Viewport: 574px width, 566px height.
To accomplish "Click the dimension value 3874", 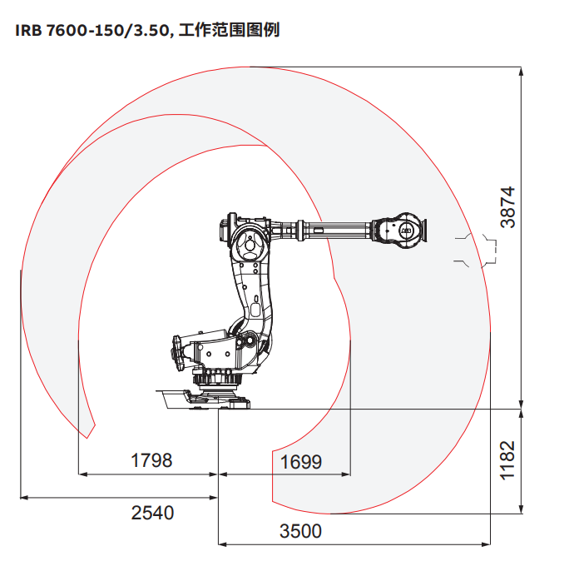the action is click(507, 207).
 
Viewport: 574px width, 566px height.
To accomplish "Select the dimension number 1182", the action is click(507, 460).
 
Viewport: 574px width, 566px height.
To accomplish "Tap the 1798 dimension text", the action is click(151, 460).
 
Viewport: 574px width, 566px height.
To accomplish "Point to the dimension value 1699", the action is click(301, 462).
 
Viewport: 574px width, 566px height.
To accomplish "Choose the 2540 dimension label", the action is click(152, 513).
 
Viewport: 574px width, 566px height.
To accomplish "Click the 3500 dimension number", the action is click(300, 531).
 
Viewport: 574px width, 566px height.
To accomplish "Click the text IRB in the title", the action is click(28, 31).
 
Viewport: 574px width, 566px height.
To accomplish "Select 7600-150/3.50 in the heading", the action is click(107, 31).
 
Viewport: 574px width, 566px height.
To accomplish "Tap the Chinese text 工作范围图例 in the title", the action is click(229, 30).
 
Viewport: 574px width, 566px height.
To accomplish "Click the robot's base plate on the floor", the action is click(204, 400).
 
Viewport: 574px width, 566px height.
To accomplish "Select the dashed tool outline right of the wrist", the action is click(476, 251).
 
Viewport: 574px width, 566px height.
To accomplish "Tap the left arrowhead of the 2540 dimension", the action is click(24, 498).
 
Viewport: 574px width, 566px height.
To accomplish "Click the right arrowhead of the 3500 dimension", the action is click(486, 544).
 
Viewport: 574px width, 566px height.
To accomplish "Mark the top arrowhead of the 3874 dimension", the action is click(522, 71).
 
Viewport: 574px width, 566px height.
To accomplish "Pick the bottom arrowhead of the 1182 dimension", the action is click(522, 509).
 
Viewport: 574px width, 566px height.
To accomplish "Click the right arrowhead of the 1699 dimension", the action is click(346, 474).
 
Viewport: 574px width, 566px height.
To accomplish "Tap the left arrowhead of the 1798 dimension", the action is click(83, 474).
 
